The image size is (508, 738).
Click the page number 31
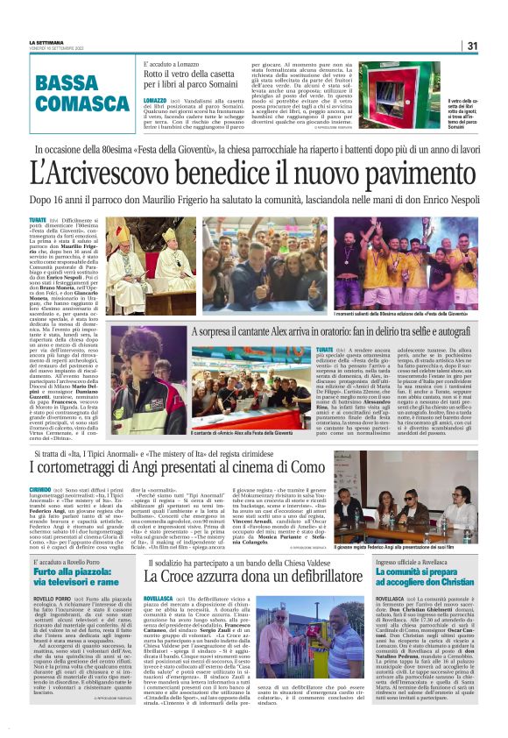pyautogui.click(x=472, y=46)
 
